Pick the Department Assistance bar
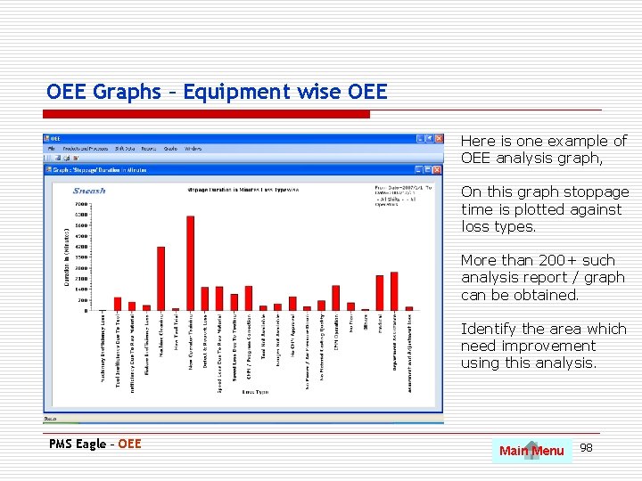393,290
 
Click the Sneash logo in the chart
89,191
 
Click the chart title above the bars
243,190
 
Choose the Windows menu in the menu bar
193,149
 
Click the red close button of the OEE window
438,139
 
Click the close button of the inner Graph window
437,168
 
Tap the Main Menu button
531,451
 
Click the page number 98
586,447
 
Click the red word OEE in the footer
129,444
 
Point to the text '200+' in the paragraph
538,260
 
